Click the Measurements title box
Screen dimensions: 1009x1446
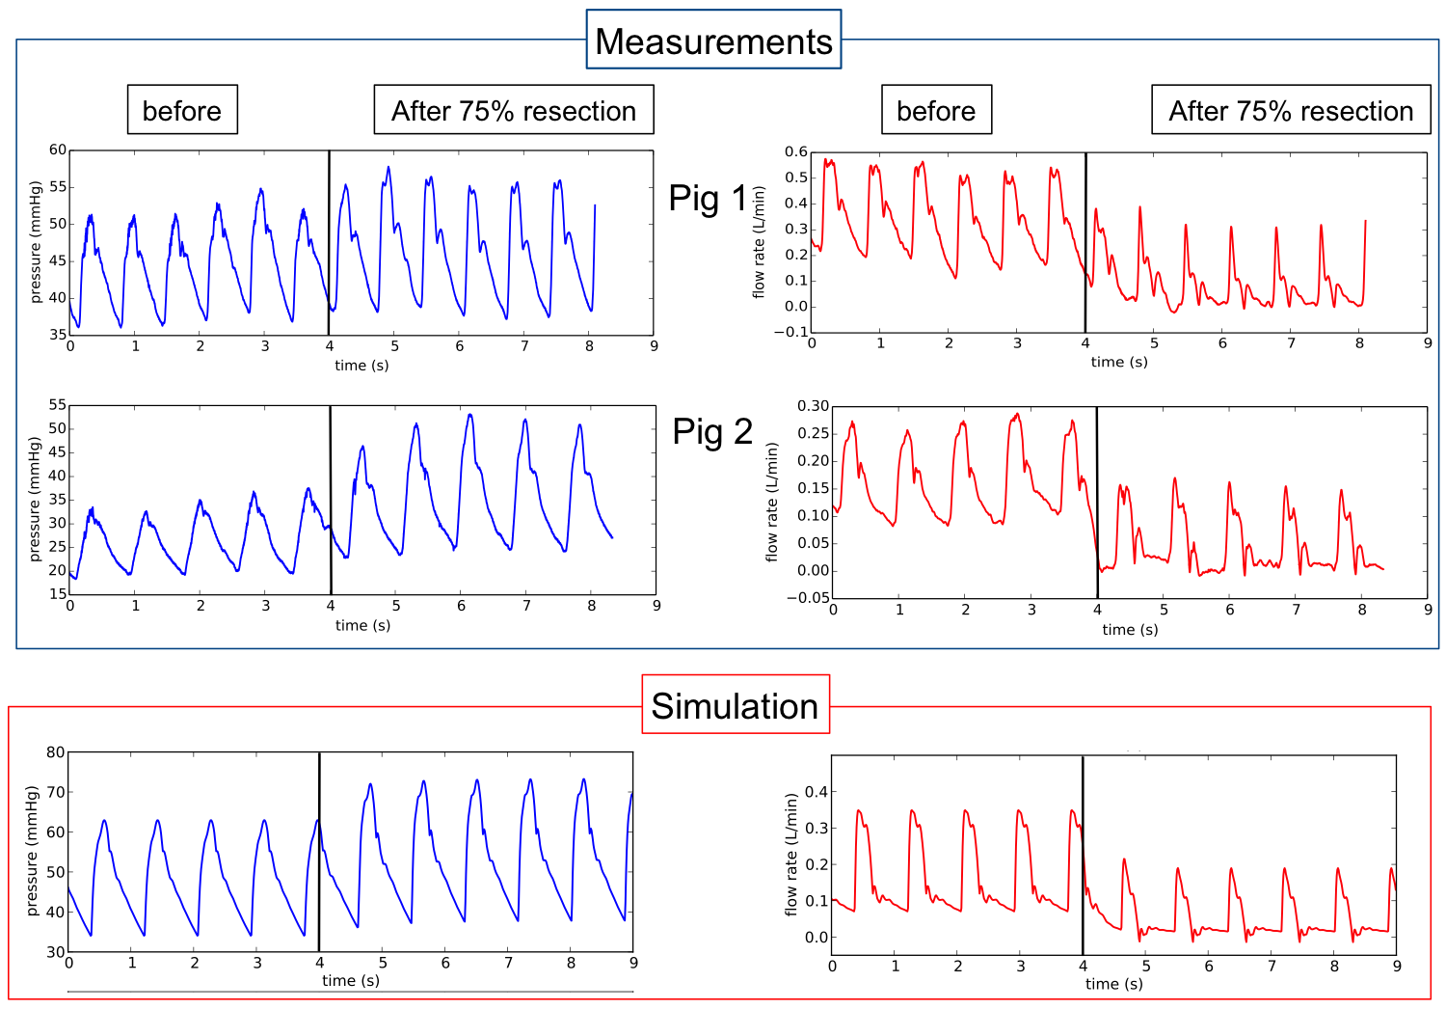[x=713, y=41]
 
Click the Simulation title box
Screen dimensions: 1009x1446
[x=735, y=705]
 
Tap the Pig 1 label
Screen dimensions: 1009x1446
[x=708, y=198]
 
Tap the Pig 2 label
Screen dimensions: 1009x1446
[x=712, y=431]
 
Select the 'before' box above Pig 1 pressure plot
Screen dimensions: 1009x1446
[x=181, y=110]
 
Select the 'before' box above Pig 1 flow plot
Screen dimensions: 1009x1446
[x=935, y=110]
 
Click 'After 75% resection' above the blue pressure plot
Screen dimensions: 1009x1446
[x=513, y=110]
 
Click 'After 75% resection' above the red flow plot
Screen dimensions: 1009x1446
[x=1290, y=110]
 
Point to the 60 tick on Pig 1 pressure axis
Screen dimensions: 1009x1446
[x=58, y=150]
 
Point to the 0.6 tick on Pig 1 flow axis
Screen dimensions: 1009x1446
[x=795, y=151]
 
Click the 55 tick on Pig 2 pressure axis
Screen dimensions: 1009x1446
[x=58, y=405]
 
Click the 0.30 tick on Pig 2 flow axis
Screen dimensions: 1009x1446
[x=813, y=406]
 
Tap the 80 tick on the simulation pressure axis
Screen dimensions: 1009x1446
[x=56, y=752]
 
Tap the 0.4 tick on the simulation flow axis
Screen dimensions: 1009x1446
[x=816, y=792]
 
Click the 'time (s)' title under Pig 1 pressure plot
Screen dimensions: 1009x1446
[x=361, y=366]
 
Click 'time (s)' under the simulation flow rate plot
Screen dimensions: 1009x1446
[x=1113, y=984]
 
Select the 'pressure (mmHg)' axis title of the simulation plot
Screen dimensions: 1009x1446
[x=32, y=851]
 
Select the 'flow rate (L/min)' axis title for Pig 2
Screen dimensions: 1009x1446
[x=771, y=502]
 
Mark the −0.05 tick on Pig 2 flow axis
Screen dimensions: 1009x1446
[x=808, y=598]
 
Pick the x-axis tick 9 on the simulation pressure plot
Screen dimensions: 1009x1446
[x=633, y=963]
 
